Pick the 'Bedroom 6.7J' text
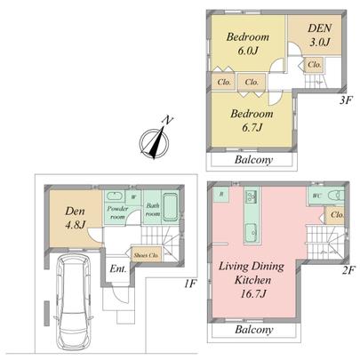(250, 121)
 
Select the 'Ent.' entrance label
(118, 268)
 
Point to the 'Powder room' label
(118, 212)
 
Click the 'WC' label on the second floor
(316, 195)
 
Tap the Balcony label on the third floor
(253, 161)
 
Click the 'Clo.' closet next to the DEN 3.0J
(314, 65)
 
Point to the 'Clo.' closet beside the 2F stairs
(336, 214)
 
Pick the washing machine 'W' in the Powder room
(133, 197)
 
